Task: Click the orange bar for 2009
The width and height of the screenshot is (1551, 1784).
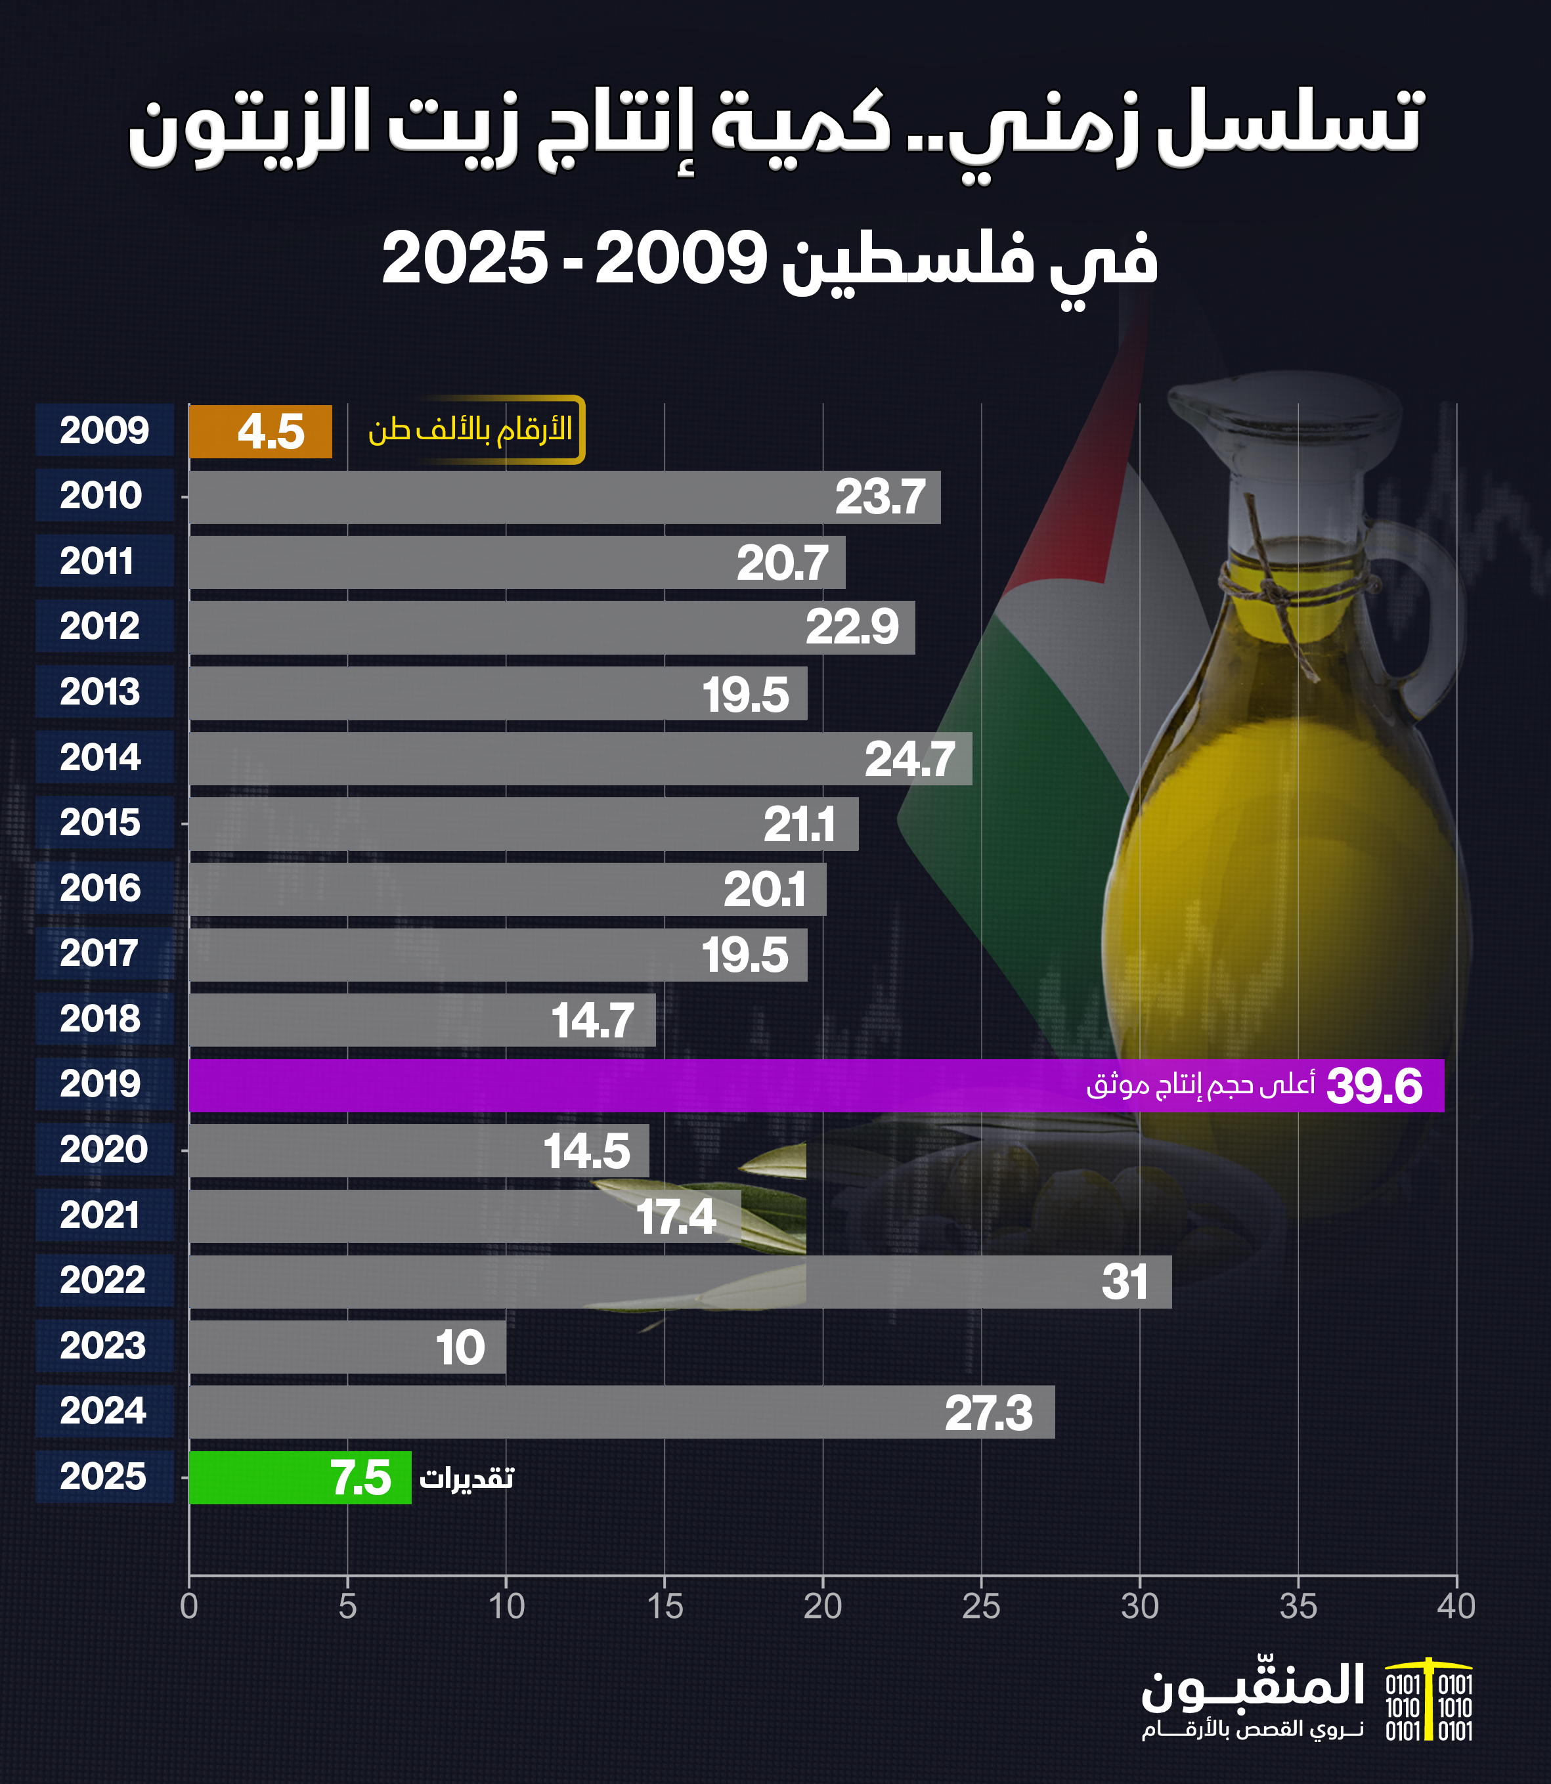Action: [x=259, y=431]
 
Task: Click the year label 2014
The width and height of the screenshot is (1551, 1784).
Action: [x=100, y=758]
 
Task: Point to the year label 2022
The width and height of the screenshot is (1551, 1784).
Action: [x=102, y=1280]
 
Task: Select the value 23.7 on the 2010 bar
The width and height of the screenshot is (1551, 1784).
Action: [x=879, y=497]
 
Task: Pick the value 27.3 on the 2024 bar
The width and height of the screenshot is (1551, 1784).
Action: [x=988, y=1412]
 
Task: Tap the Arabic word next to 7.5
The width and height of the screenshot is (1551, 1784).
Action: [x=466, y=1477]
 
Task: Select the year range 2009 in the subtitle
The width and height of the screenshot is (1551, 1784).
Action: [x=680, y=258]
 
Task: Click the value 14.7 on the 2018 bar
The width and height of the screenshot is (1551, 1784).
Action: [x=593, y=1020]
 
